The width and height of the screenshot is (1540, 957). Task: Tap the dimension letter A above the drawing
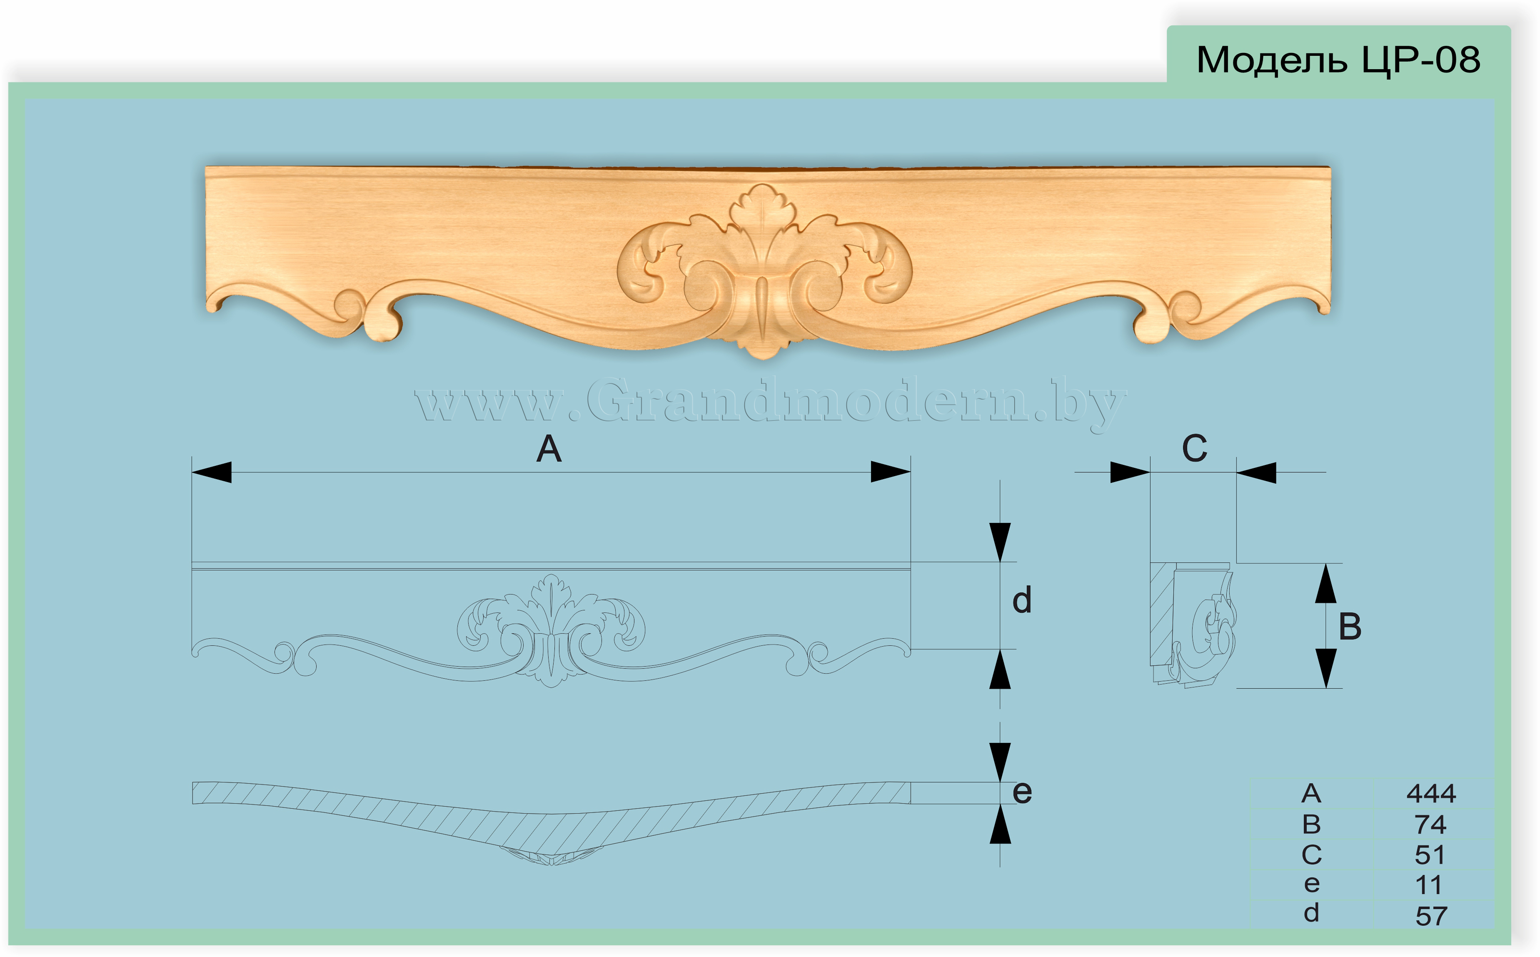coord(549,450)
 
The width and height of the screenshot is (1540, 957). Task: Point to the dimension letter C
coord(1195,449)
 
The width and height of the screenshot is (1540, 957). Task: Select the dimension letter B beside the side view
coord(1350,627)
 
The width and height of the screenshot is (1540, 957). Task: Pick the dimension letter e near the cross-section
coord(1022,792)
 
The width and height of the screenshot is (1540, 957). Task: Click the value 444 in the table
coord(1431,793)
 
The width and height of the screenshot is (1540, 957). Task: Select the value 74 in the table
coord(1430,824)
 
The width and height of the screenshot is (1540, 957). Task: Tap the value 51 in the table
coord(1430,855)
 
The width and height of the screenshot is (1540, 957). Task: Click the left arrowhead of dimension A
coord(211,472)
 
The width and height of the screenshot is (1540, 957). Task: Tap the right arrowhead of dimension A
coord(891,472)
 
